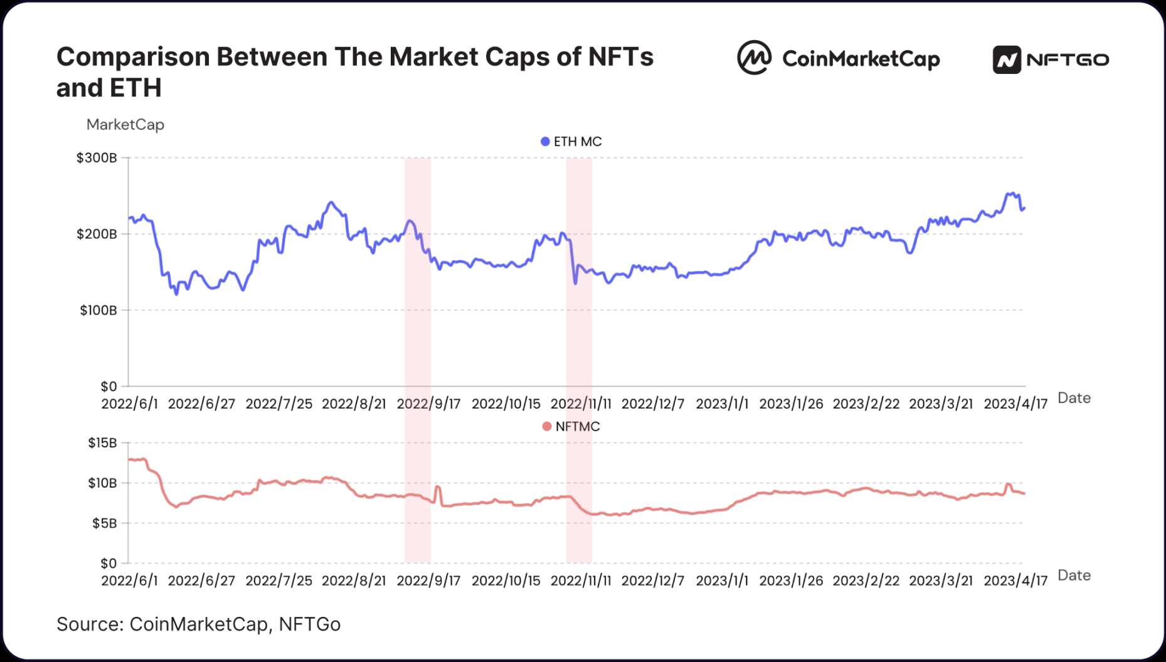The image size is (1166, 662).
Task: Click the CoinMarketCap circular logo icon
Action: click(754, 58)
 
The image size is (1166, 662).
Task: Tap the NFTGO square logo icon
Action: click(1007, 60)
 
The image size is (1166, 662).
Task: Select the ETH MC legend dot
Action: click(545, 142)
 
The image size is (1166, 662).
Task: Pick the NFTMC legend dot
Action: click(546, 427)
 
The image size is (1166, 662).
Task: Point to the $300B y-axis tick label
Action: click(97, 158)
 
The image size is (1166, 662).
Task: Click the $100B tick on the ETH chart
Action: click(98, 310)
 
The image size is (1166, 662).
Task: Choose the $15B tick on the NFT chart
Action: click(102, 443)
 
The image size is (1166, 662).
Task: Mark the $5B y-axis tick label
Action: click(104, 523)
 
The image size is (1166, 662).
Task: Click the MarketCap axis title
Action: click(125, 125)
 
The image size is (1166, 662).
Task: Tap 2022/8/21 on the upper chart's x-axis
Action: click(354, 404)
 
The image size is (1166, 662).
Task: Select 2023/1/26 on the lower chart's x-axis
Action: click(791, 581)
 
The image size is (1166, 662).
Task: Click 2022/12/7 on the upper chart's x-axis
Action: click(652, 404)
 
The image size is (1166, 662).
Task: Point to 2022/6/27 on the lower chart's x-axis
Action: click(201, 581)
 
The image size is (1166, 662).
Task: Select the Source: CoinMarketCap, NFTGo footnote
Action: click(198, 624)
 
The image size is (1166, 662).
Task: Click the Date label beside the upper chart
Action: click(1074, 398)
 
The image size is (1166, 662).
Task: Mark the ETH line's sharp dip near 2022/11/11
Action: click(575, 283)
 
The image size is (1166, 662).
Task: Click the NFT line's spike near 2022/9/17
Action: click(437, 487)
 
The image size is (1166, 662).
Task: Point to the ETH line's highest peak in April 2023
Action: click(1011, 193)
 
